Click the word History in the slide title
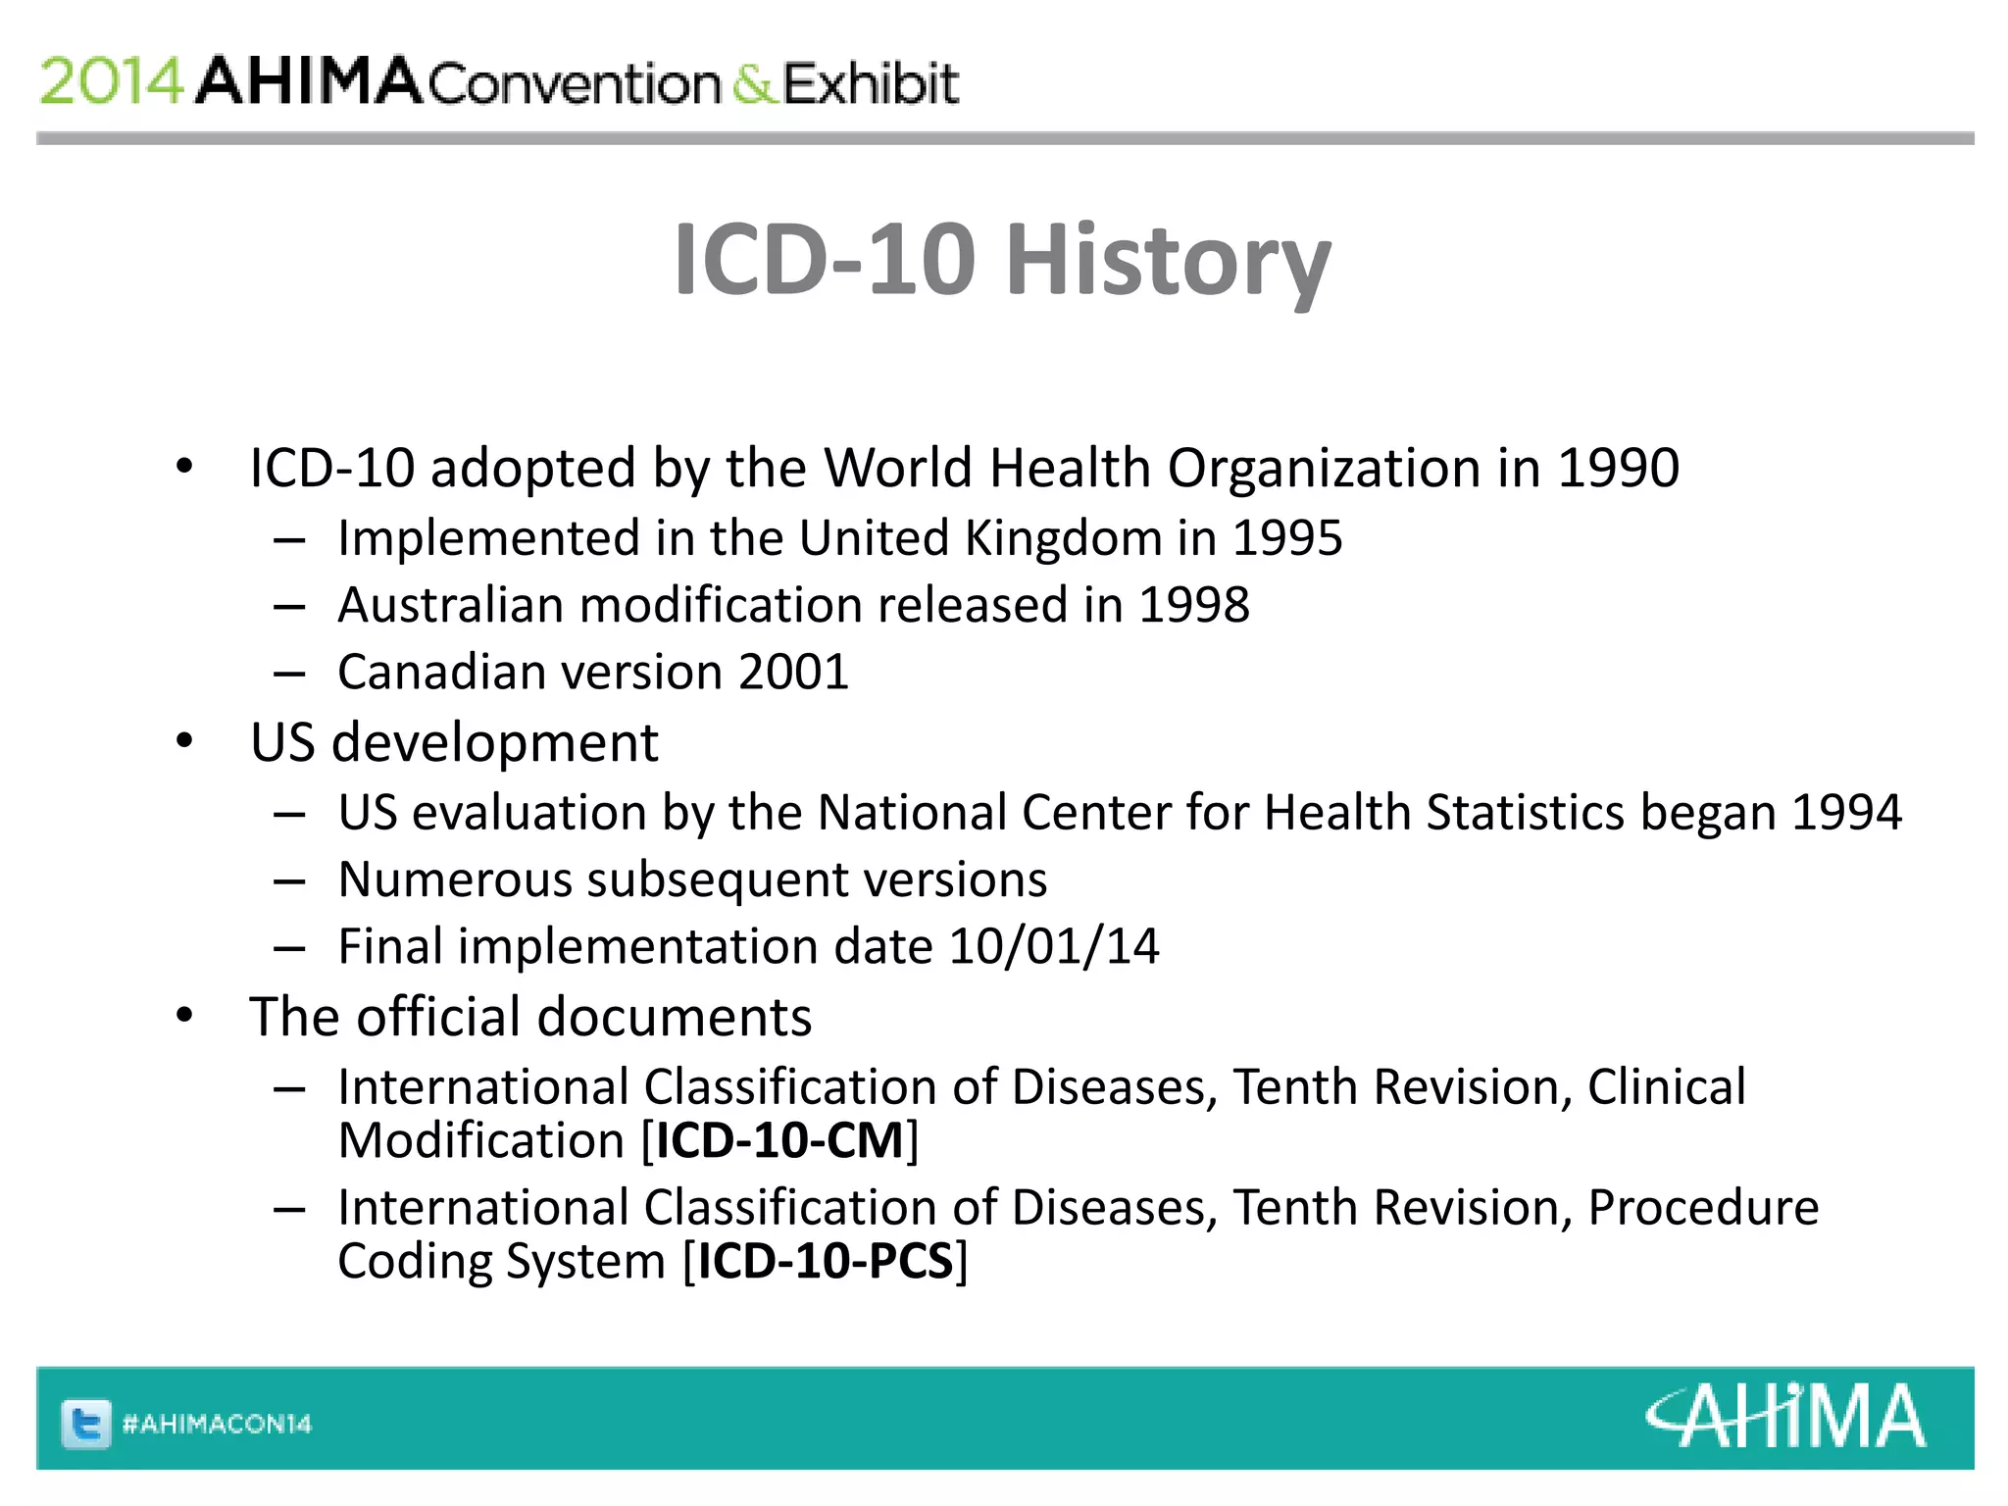coord(1168,260)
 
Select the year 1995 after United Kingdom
coord(1286,538)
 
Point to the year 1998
coord(1193,605)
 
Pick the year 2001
coord(793,673)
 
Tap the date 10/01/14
coord(1054,947)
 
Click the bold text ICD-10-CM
coord(779,1141)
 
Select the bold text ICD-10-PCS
coord(826,1262)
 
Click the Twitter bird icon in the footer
coord(86,1424)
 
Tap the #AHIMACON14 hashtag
coord(217,1424)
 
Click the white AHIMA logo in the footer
coord(1785,1417)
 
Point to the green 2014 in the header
coord(111,81)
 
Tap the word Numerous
coord(454,879)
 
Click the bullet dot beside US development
coord(184,741)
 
